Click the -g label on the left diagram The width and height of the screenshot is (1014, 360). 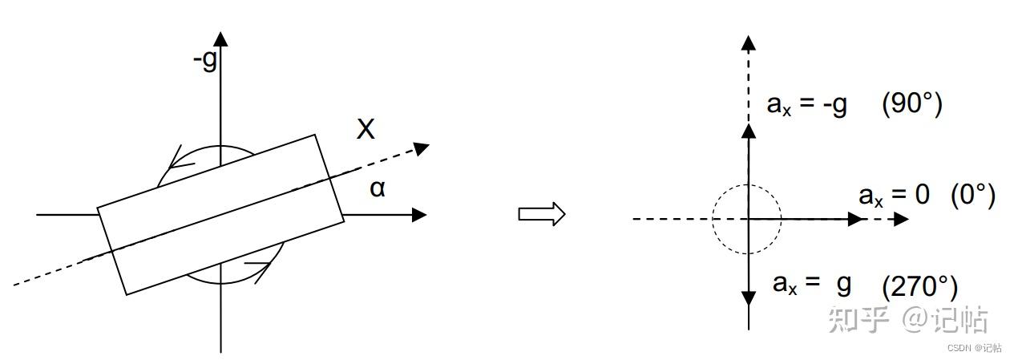205,60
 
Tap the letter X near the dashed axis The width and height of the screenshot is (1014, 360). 366,129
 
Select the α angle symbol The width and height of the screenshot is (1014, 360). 377,189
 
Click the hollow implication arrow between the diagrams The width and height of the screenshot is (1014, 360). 542,214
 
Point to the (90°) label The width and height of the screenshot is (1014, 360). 911,104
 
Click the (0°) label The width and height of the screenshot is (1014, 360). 972,195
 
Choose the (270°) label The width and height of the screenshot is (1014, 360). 919,286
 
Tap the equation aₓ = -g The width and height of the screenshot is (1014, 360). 807,105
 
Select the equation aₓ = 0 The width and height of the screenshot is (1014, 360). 894,196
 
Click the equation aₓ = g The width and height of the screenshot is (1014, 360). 812,283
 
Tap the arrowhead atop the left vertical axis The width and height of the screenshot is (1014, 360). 221,38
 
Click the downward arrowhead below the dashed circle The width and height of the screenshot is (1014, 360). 748,297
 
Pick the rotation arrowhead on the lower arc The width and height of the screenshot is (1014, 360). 258,266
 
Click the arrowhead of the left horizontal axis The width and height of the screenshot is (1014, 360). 418,215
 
